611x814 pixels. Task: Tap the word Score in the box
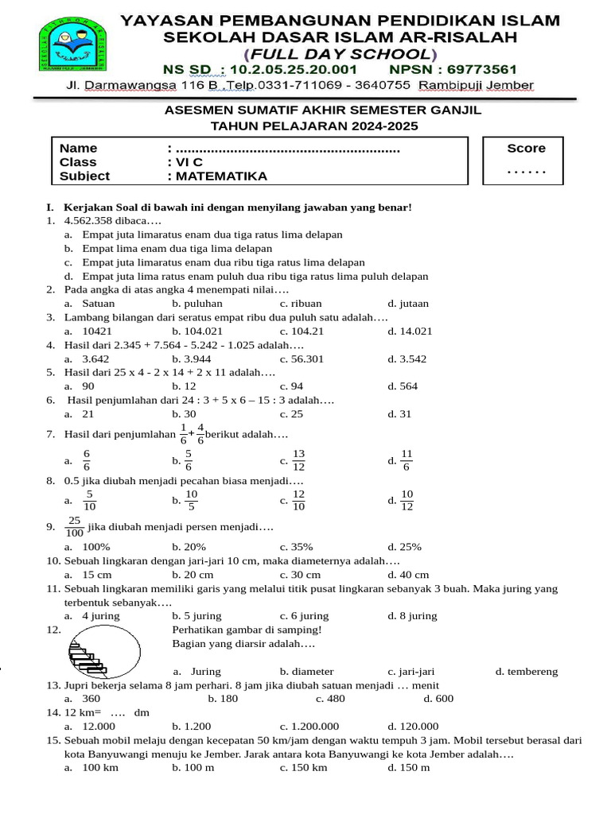coord(526,148)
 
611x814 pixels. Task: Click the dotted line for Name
coord(286,149)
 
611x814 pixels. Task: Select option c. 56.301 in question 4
coord(302,359)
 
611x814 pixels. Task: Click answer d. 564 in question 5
coord(403,387)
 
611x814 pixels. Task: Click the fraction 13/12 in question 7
coord(299,459)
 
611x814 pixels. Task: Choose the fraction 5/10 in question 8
coord(89,501)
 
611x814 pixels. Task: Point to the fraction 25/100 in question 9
coord(75,527)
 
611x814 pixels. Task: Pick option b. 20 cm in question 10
coord(193,575)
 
